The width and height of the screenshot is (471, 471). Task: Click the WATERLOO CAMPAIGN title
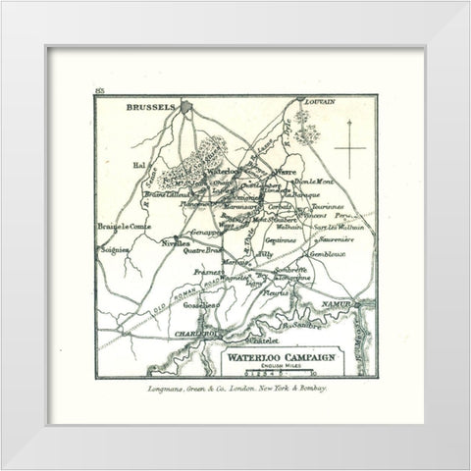click(x=283, y=356)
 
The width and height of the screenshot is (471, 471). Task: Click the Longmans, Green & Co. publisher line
click(x=235, y=392)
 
